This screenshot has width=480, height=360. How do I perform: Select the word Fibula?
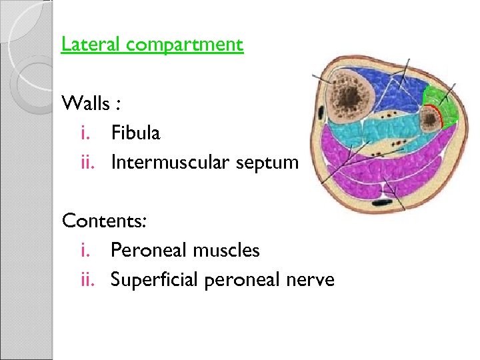[135, 133]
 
